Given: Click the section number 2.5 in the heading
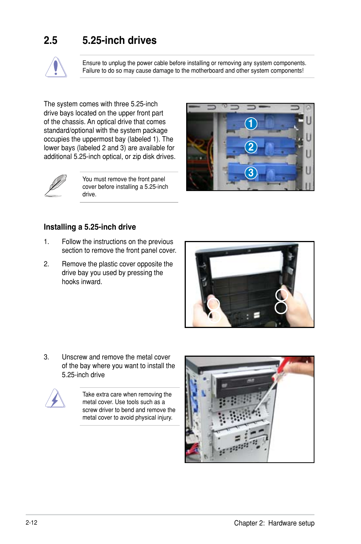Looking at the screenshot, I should (50, 40).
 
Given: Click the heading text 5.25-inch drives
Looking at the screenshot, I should (119, 40).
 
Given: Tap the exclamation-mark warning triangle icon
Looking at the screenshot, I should (56, 67).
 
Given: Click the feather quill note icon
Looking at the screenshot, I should (56, 185).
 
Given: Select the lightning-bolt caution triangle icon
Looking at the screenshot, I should (55, 398).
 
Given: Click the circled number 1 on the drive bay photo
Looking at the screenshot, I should (251, 123).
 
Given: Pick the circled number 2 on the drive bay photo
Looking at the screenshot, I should (251, 147).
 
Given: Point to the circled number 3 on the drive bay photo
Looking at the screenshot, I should (251, 173).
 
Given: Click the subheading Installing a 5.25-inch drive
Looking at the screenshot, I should (90, 227).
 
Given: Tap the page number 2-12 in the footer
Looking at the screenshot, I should (31, 522).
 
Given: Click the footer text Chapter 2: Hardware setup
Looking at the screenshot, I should (274, 523).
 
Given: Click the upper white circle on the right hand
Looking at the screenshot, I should (282, 295).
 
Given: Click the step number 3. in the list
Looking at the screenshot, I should (46, 357).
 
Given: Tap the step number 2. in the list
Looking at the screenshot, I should (46, 264).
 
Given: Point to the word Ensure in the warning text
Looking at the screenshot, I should (92, 63).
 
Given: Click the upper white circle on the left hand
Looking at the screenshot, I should (213, 304).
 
